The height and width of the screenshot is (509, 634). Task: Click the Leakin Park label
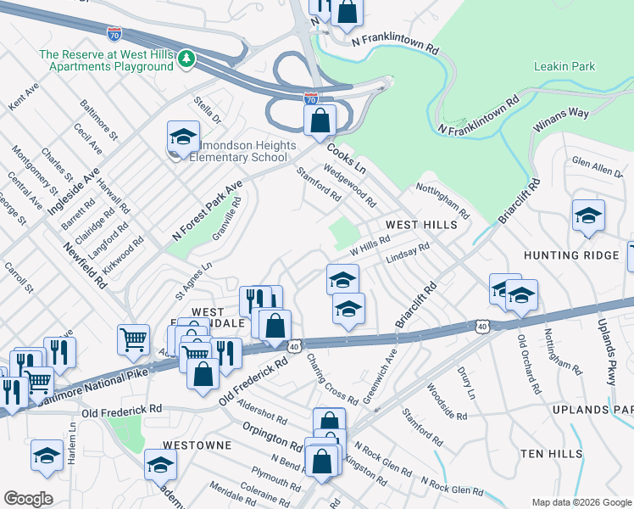pos(564,66)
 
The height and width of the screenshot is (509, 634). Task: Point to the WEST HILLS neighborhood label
pos(421,225)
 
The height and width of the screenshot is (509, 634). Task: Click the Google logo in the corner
pos(28,498)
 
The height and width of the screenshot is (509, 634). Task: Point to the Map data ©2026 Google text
pos(581,502)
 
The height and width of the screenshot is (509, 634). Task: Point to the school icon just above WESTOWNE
pos(160,465)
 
